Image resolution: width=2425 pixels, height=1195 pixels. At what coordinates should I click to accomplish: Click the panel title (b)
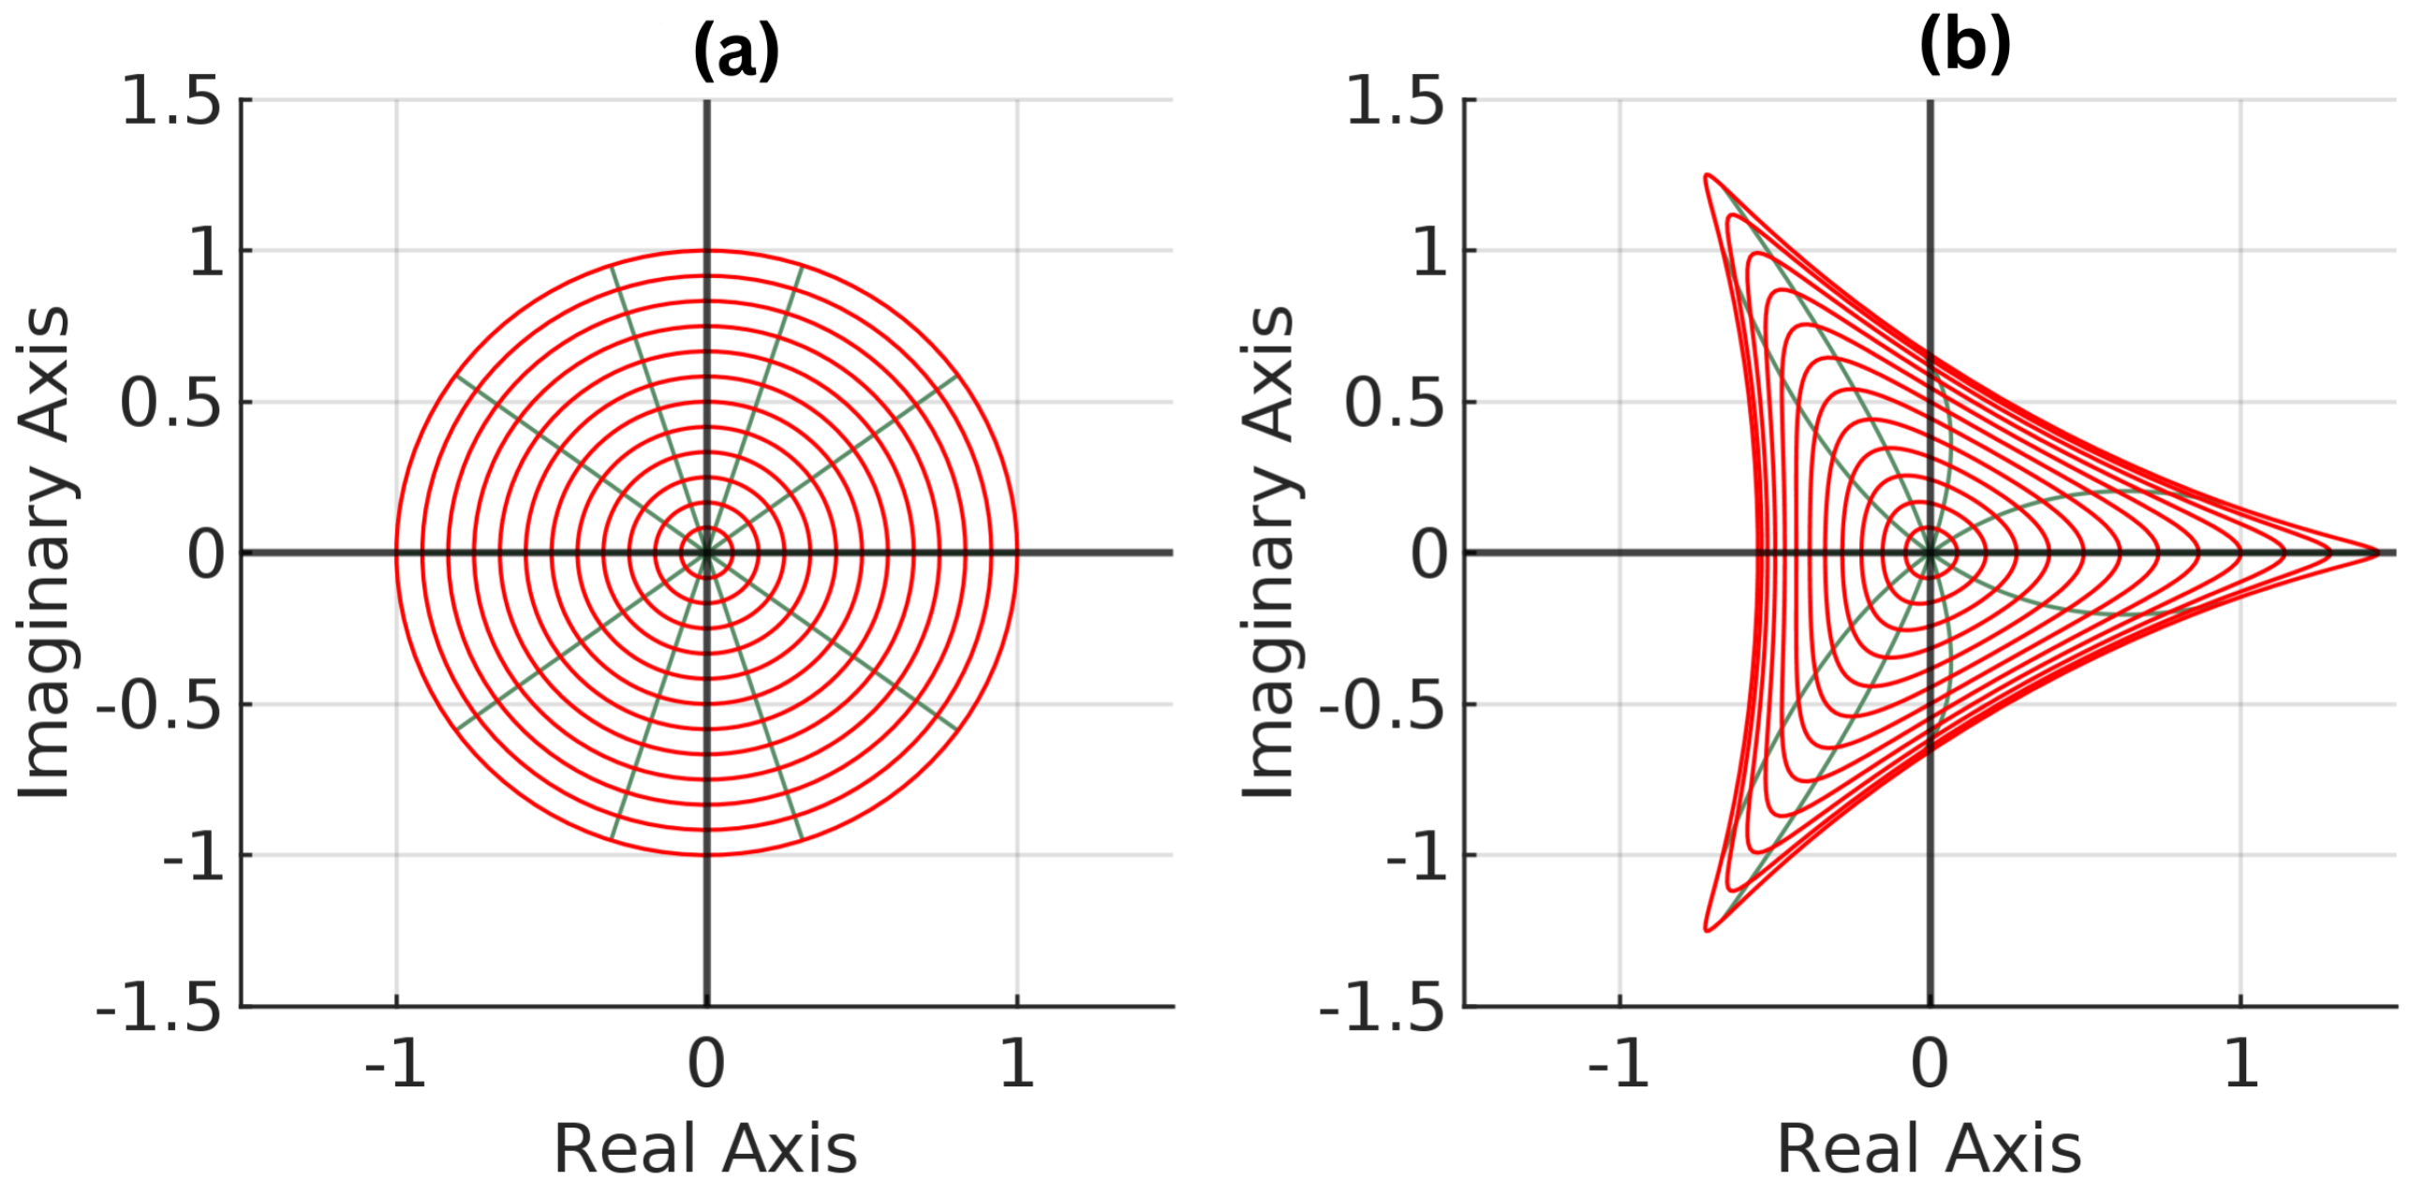point(1965,44)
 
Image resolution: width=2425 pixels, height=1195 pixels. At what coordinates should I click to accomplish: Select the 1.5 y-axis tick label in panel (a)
point(171,102)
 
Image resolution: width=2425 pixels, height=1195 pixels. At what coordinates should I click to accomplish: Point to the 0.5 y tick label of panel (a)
point(171,404)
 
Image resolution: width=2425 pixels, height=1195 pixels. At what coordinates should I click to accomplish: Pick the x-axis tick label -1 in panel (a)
point(395,1064)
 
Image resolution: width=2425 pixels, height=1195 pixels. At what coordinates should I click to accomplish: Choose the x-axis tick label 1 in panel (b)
point(2241,1064)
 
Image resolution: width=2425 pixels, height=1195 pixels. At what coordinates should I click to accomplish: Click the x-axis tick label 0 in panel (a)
point(706,1064)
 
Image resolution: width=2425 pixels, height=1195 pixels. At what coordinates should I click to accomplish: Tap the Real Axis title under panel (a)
point(705,1149)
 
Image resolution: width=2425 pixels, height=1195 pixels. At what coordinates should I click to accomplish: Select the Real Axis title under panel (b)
point(1929,1149)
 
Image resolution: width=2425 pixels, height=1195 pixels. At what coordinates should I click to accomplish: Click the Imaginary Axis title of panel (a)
point(44,553)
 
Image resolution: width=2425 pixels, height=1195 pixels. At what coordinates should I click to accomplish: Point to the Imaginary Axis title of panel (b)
point(1268,553)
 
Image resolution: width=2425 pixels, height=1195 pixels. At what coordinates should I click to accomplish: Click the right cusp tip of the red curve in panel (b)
point(2379,553)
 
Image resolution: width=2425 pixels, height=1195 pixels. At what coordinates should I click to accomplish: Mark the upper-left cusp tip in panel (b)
point(1707,175)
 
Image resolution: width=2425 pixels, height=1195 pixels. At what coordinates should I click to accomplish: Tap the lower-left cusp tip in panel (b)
point(1707,930)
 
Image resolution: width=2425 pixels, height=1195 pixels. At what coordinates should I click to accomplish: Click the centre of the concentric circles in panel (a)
point(706,553)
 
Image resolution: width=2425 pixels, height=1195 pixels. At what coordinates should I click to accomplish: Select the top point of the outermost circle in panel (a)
point(706,250)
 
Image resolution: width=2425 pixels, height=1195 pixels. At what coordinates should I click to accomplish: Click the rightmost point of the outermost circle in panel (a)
point(1016,553)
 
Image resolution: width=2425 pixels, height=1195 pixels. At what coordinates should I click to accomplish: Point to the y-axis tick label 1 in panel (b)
point(1431,252)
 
